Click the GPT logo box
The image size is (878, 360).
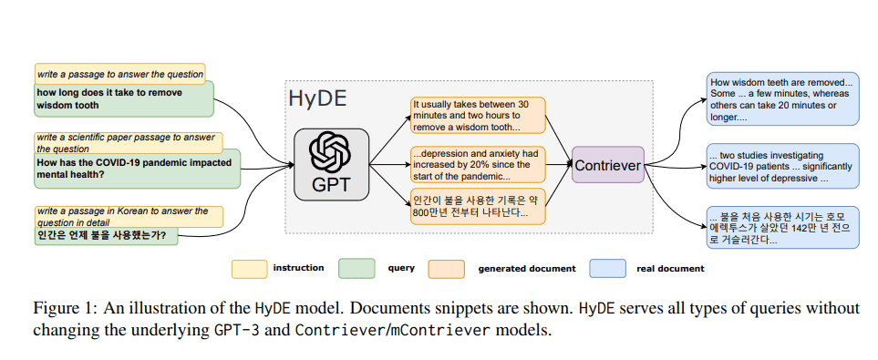(331, 165)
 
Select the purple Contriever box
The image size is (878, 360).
(607, 165)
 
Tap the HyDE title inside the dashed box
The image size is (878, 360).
(317, 98)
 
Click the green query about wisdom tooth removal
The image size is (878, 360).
(124, 99)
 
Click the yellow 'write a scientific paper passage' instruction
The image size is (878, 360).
(127, 143)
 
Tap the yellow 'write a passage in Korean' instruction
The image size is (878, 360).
(127, 216)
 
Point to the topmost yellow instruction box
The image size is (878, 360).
(119, 73)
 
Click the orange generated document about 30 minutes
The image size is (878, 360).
(476, 116)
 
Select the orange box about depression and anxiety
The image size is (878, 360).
(476, 164)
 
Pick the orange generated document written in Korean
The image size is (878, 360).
(476, 206)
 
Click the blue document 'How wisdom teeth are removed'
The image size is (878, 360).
(781, 99)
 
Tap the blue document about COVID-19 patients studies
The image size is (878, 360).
(781, 166)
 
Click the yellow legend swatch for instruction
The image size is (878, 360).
(248, 269)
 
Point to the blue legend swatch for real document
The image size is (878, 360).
(607, 269)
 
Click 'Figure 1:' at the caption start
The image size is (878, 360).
(65, 307)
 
